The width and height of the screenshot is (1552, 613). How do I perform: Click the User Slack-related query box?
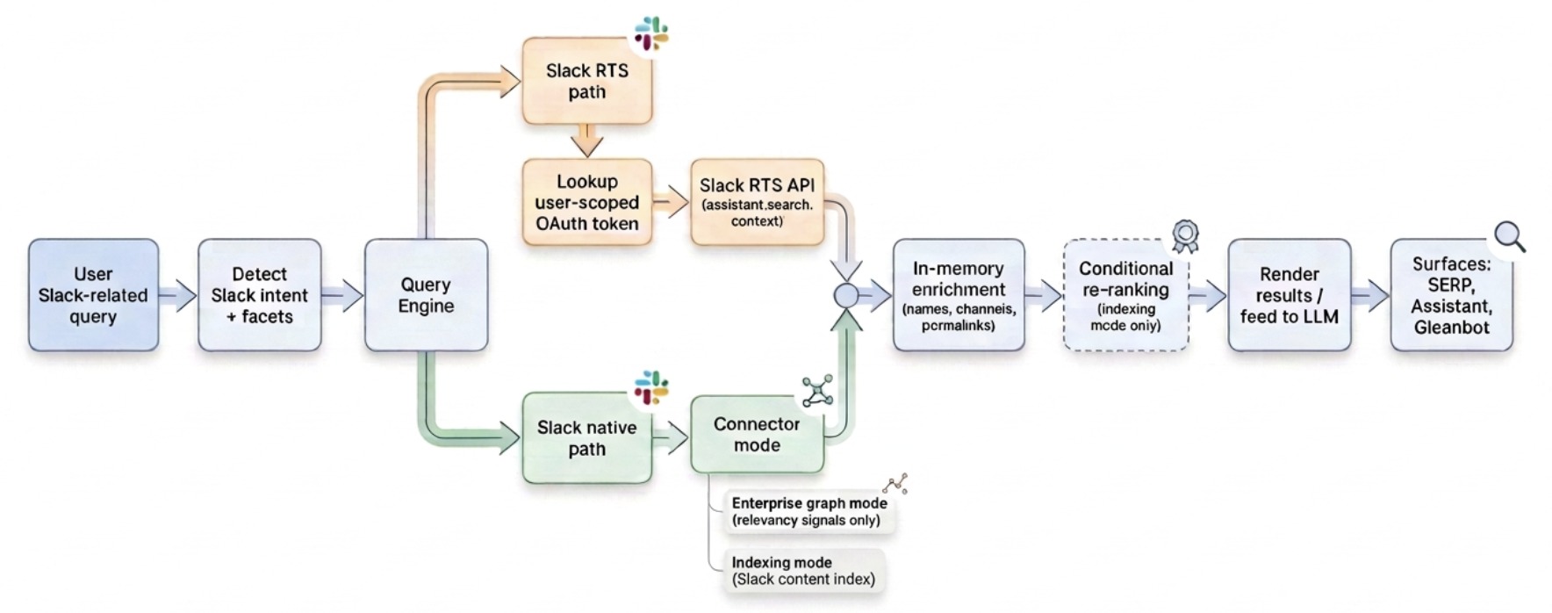pyautogui.click(x=93, y=295)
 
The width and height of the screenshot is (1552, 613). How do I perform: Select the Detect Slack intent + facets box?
pyautogui.click(x=259, y=295)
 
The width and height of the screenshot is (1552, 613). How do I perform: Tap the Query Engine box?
pyautogui.click(x=426, y=295)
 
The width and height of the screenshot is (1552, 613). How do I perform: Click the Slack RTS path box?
pyautogui.click(x=586, y=81)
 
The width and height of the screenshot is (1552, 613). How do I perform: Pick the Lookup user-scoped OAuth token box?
pyautogui.click(x=586, y=202)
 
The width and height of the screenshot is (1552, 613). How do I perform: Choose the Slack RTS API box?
pyautogui.click(x=757, y=202)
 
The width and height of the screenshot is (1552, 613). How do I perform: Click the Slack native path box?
pyautogui.click(x=586, y=437)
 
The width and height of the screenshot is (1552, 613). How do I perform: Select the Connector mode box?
pyautogui.click(x=757, y=434)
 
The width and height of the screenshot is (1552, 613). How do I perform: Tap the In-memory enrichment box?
pyautogui.click(x=958, y=295)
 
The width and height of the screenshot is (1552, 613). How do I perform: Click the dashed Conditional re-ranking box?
pyautogui.click(x=1125, y=295)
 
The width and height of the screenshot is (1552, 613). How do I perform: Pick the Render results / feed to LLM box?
pyautogui.click(x=1289, y=295)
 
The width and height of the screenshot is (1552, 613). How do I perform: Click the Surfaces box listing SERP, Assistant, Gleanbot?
pyautogui.click(x=1451, y=295)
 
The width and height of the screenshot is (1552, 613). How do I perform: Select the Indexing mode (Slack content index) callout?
pyautogui.click(x=802, y=571)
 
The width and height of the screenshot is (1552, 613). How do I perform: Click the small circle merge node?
pyautogui.click(x=846, y=296)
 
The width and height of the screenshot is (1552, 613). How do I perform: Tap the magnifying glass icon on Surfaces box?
pyautogui.click(x=1509, y=235)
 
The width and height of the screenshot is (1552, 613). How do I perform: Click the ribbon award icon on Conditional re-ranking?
pyautogui.click(x=1185, y=234)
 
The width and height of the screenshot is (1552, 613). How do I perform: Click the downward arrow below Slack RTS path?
pyautogui.click(x=586, y=141)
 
